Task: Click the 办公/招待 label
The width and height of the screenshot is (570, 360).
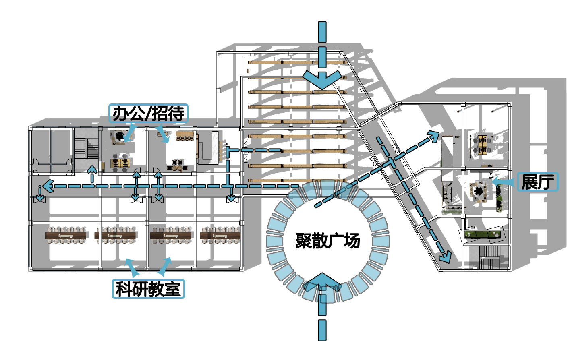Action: point(148,114)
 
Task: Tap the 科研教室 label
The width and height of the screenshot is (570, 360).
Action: point(148,289)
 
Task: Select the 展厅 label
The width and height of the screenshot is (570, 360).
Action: point(537,182)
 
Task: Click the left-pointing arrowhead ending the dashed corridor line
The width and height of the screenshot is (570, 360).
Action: point(47,186)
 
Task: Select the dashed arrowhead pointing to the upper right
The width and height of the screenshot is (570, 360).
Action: point(434,136)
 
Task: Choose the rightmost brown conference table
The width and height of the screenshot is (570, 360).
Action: point(220,235)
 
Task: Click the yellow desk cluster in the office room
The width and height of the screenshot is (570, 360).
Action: point(120,163)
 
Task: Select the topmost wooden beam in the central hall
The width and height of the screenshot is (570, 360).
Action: point(297,62)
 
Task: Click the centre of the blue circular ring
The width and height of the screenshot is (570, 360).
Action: point(327,240)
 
